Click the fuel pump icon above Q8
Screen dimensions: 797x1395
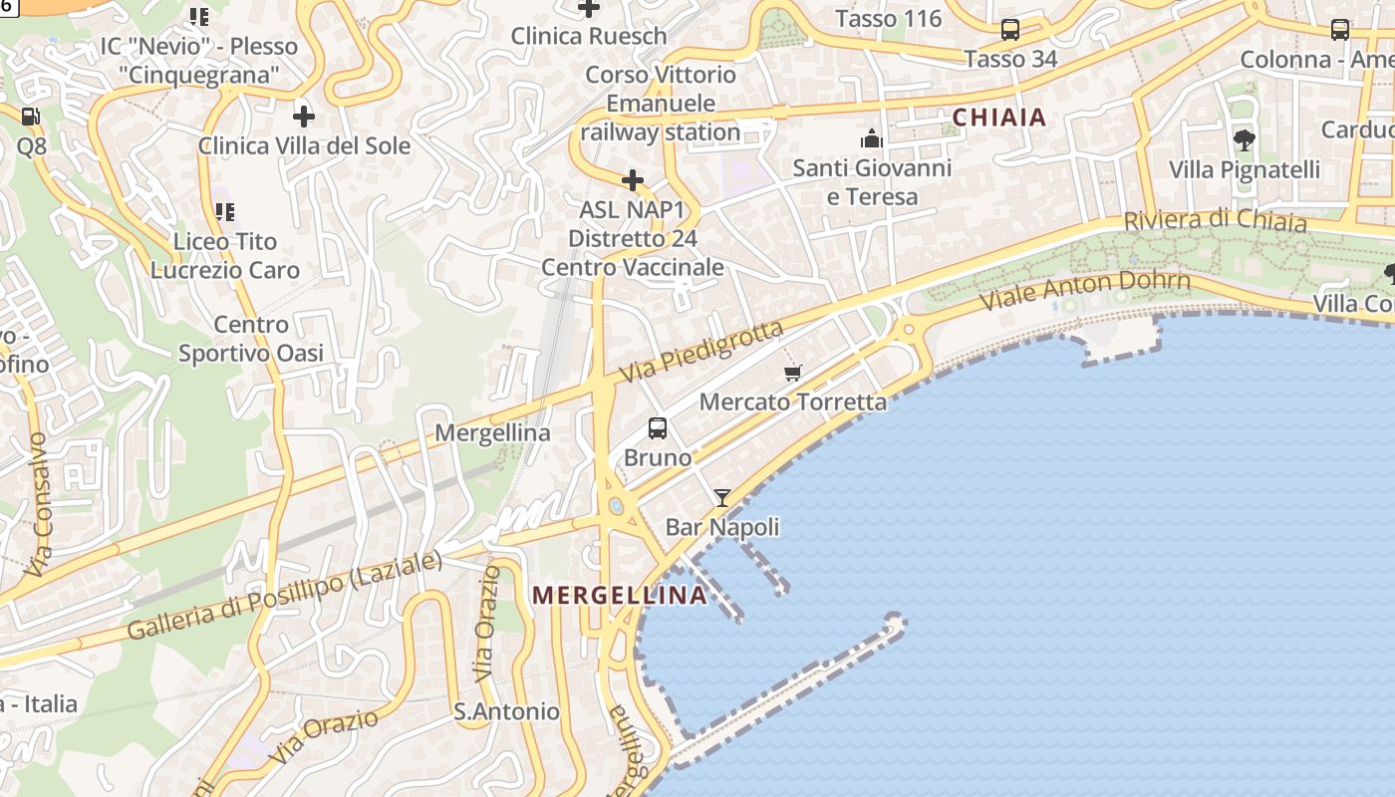tap(31, 117)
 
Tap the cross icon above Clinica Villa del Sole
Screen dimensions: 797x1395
tap(304, 117)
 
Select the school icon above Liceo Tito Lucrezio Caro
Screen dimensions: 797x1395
tap(225, 211)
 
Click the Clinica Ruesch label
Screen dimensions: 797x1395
tap(589, 36)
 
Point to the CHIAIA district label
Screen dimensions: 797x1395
tap(999, 118)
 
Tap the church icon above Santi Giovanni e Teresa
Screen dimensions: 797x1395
tap(872, 138)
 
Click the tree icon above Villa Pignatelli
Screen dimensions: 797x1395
tap(1244, 139)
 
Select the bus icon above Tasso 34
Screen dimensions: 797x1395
tap(1010, 30)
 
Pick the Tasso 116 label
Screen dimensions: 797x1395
tap(889, 19)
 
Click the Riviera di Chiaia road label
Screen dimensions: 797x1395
tap(1215, 221)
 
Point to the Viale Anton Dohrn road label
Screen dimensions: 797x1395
tap(1085, 290)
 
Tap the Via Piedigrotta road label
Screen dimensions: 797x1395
tap(700, 351)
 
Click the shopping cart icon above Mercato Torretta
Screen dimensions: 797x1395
tap(793, 374)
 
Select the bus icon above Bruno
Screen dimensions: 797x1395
tap(658, 428)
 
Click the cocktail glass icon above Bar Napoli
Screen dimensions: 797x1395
tap(722, 497)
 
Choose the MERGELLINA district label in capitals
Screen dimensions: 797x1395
tap(620, 596)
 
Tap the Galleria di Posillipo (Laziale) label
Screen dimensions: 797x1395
tap(285, 596)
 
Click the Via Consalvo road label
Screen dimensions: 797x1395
tap(38, 504)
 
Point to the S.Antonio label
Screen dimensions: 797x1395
tap(506, 711)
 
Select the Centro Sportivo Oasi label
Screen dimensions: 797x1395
tap(251, 339)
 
